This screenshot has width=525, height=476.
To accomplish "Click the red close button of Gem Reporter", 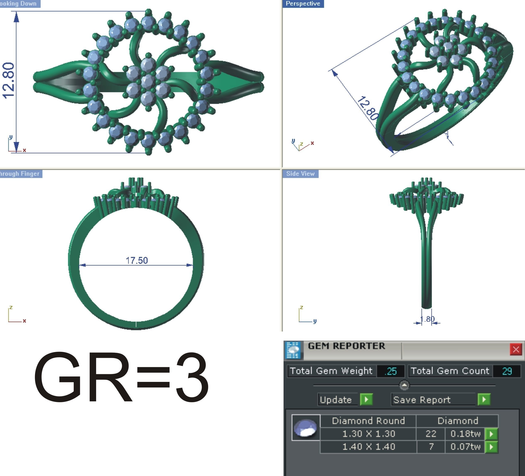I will coord(516,350).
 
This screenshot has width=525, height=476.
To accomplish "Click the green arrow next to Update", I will coord(366,399).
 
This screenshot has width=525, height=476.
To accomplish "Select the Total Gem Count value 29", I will coord(507,371).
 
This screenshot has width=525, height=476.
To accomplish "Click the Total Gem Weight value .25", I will coord(391,371).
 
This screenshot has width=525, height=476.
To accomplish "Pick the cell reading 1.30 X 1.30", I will coord(368,434).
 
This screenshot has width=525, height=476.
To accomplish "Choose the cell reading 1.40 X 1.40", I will coord(368,447).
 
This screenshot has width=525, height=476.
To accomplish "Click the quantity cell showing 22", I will coord(431,434).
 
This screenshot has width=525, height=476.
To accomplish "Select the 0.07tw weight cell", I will coord(465,447).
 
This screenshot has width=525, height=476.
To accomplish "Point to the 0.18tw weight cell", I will coord(465,434).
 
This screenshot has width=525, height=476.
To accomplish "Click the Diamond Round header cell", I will coord(368,421).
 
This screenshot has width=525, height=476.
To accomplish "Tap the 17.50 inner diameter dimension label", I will coord(137,260).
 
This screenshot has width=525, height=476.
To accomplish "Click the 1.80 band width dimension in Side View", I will coord(427,319).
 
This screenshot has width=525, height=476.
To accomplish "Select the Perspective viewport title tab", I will coord(303,4).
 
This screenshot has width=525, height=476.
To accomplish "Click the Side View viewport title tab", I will coord(300,174).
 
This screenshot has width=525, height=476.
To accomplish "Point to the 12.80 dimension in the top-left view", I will coord(8,81).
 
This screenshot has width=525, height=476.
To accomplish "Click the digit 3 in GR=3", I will coord(192,377).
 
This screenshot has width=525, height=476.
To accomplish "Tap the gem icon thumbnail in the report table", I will coord(306,427).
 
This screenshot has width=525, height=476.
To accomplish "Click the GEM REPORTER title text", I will coord(346,346).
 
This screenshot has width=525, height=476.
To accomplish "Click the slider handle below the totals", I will coord(404,385).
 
